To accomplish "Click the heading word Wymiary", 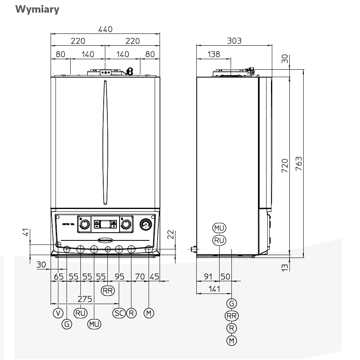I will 37,9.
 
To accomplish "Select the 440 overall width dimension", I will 105,29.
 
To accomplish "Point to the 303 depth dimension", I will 234,40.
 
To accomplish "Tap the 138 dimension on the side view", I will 213,54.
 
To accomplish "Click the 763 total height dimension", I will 298,164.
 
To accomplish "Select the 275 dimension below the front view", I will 84,299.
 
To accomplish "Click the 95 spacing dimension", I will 119,276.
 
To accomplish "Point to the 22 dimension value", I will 171,235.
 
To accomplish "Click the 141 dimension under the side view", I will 213,289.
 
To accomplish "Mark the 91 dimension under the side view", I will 208,276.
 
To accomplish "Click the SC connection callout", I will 119,313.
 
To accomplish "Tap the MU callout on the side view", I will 219,228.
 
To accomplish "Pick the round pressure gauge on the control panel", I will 146,224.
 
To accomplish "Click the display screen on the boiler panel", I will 105,224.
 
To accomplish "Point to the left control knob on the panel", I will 84,224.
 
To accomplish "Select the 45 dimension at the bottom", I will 154,276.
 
